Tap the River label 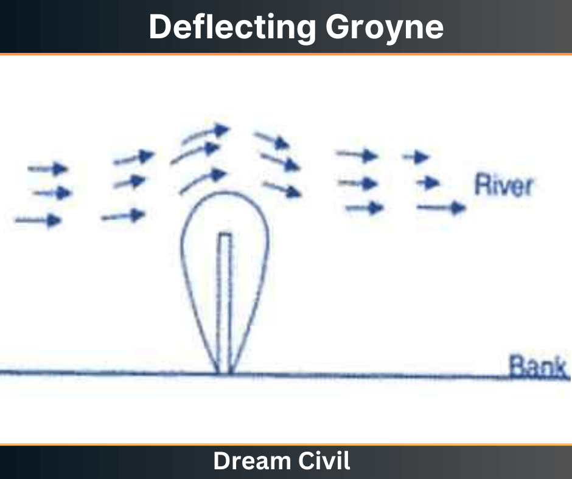(503, 185)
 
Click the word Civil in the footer (327, 461)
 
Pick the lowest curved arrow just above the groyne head (203, 181)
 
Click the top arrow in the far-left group (48, 168)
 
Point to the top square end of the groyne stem (225, 234)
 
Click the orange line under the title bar (286, 55)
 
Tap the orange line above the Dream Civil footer (286, 445)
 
